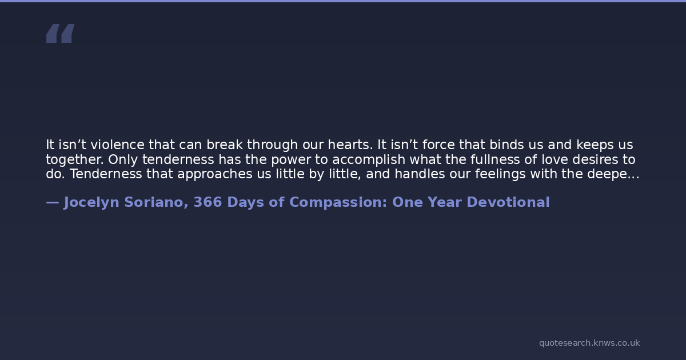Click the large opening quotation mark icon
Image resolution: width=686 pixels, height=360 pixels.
coord(61,33)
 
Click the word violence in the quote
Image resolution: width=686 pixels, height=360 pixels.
coord(117,145)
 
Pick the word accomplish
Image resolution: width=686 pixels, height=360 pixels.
coord(369,160)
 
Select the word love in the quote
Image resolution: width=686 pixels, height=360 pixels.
coord(555,160)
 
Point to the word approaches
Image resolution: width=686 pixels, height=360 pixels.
coord(215,174)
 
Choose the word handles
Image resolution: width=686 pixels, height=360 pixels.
coord(420,174)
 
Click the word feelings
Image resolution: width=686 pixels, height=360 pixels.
coord(500,174)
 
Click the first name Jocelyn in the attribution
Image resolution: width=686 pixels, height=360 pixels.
coord(91,203)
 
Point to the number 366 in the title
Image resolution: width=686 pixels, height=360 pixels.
coord(208,202)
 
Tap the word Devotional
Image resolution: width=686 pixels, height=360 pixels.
coord(508,202)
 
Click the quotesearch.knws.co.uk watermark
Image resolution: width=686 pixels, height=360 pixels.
coord(589,343)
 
